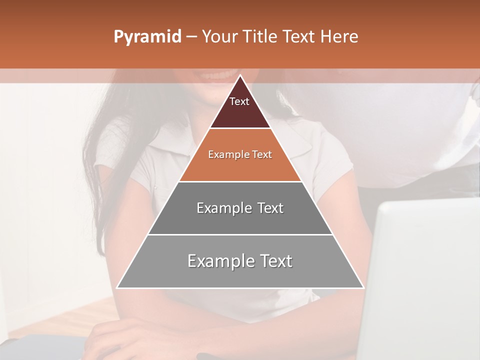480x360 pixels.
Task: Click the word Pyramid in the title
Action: pyautogui.click(x=147, y=37)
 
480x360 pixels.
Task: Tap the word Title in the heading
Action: pyautogui.click(x=262, y=37)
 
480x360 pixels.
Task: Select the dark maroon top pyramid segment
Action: pyautogui.click(x=240, y=112)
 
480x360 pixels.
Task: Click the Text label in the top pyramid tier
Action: pyautogui.click(x=239, y=101)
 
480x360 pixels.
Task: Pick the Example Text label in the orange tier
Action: pyautogui.click(x=240, y=154)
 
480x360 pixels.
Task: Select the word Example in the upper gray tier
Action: pyautogui.click(x=220, y=208)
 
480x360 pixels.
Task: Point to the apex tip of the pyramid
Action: pyautogui.click(x=240, y=76)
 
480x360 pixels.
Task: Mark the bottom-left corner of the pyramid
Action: pyautogui.click(x=117, y=287)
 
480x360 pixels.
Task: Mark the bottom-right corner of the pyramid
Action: pyautogui.click(x=363, y=287)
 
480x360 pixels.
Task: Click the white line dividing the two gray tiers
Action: pyautogui.click(x=240, y=234)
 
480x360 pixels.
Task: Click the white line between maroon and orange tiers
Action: pyautogui.click(x=240, y=128)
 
